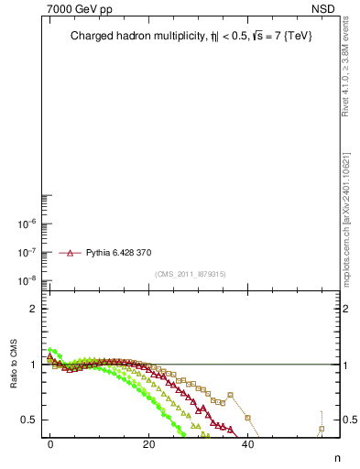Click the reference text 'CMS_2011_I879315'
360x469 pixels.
[x=191, y=273]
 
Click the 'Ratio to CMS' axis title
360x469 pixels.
[x=14, y=364]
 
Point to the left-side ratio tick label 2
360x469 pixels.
[x=35, y=309]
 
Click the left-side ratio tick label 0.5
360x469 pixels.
[x=30, y=420]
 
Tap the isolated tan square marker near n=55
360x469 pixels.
[x=322, y=429]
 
